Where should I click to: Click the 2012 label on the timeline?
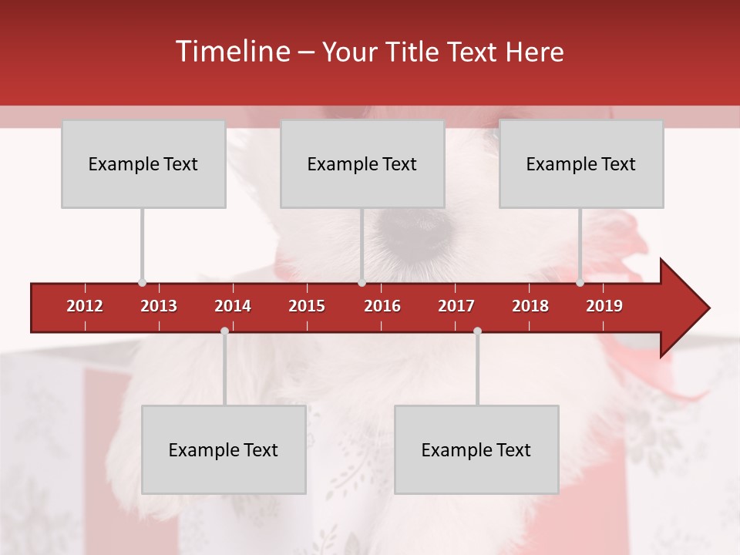pyautogui.click(x=85, y=306)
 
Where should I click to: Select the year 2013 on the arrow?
pyautogui.click(x=159, y=306)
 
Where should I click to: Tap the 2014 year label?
pyautogui.click(x=233, y=306)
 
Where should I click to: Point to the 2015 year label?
pyautogui.click(x=307, y=306)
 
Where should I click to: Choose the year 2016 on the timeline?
pyautogui.click(x=382, y=306)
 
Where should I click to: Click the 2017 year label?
pyautogui.click(x=456, y=306)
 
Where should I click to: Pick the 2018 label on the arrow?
pyautogui.click(x=530, y=306)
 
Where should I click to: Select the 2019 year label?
pyautogui.click(x=604, y=306)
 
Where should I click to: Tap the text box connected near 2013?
pyautogui.click(x=143, y=163)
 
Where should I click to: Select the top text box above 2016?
pyautogui.click(x=362, y=163)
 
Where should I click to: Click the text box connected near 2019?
pyautogui.click(x=581, y=163)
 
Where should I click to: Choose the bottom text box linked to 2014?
pyautogui.click(x=224, y=449)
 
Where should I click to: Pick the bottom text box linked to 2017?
pyautogui.click(x=476, y=449)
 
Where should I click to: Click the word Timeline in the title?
pyautogui.click(x=231, y=52)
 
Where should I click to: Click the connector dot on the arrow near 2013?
pyautogui.click(x=142, y=282)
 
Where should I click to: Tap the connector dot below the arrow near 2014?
pyautogui.click(x=224, y=331)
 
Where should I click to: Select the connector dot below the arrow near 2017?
pyautogui.click(x=477, y=331)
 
